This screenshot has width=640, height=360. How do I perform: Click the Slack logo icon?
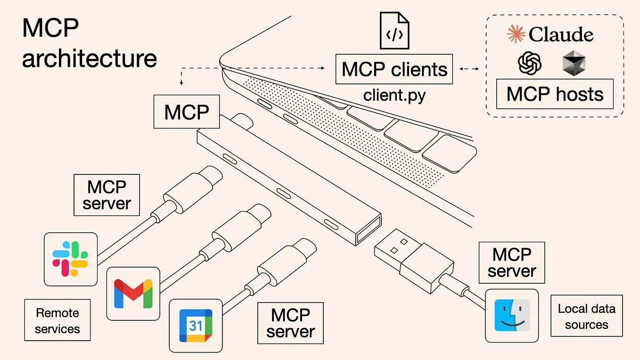[x=71, y=259]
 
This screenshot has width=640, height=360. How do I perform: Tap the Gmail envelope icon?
[x=133, y=293]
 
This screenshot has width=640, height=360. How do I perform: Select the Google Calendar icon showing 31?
[x=196, y=325]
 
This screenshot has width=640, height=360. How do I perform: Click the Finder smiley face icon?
[x=512, y=315]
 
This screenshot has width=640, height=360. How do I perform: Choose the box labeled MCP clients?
[x=394, y=69]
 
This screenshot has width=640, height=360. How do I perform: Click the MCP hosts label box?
[x=555, y=94]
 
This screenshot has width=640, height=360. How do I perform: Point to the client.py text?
[x=394, y=95]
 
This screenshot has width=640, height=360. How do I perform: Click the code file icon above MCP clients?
[x=394, y=31]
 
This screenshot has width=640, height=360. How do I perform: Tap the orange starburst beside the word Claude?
[x=516, y=34]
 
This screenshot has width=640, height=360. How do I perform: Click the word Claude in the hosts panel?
[x=561, y=35]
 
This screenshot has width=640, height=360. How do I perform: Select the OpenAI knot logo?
[x=529, y=63]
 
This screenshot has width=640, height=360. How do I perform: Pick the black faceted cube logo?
[x=574, y=64]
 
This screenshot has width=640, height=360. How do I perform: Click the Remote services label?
[x=57, y=320]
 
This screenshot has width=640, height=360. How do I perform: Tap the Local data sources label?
[x=586, y=316]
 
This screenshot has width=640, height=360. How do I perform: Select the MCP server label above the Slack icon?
[x=107, y=195]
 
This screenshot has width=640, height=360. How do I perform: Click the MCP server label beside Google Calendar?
[x=290, y=323]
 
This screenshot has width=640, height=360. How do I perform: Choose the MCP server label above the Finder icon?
[x=511, y=262]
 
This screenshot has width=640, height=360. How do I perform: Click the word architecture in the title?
[x=90, y=58]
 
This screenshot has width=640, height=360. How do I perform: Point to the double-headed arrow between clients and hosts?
[x=469, y=69]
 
